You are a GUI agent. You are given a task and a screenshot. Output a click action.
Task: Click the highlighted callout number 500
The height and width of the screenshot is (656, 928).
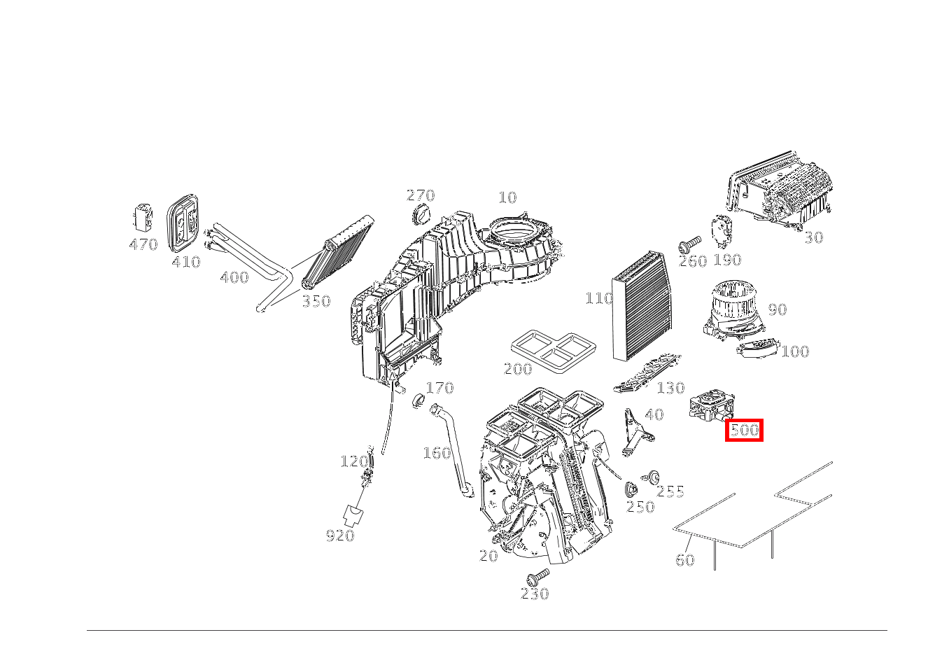click(743, 430)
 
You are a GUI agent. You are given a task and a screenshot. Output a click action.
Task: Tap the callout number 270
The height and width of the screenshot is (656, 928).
click(421, 196)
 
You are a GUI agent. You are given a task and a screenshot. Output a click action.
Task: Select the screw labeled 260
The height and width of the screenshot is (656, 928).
click(689, 245)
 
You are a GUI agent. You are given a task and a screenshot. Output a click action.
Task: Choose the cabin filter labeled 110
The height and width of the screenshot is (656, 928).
click(642, 307)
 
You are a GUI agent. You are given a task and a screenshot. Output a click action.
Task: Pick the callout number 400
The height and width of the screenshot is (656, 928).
click(234, 278)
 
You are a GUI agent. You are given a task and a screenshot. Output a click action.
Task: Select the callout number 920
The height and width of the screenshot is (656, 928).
click(339, 536)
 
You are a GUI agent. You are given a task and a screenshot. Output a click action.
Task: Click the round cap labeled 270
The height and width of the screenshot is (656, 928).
click(422, 215)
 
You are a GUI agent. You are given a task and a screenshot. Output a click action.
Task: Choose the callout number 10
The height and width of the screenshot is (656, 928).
click(507, 197)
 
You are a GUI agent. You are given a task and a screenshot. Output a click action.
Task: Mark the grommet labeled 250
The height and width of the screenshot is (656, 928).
click(630, 489)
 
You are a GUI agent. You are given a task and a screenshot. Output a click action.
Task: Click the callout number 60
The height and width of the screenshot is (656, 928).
click(684, 559)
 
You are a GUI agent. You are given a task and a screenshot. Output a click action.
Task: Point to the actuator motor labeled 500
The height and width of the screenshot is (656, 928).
click(710, 407)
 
